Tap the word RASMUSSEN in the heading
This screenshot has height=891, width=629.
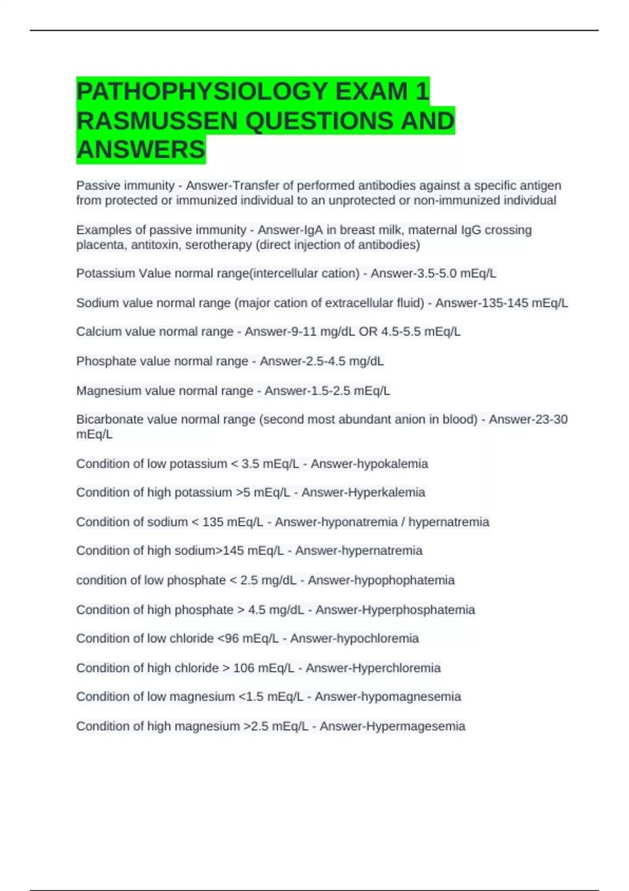click(x=157, y=121)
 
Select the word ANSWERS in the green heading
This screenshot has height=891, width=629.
click(x=140, y=149)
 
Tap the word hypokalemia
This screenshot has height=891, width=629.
click(x=398, y=464)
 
